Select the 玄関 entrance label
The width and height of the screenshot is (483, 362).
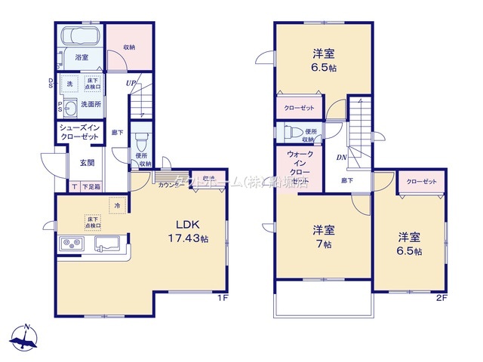(x=87, y=163)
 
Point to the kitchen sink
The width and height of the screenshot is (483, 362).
(x=108, y=244)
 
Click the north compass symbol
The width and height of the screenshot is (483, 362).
(x=26, y=339)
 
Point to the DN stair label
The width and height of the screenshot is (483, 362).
(x=341, y=158)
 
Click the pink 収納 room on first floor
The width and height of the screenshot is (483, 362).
(x=128, y=47)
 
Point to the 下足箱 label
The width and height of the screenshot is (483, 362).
(x=91, y=186)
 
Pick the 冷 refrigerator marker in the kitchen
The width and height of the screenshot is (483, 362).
(x=117, y=204)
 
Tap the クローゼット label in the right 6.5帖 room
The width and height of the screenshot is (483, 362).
(x=421, y=182)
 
